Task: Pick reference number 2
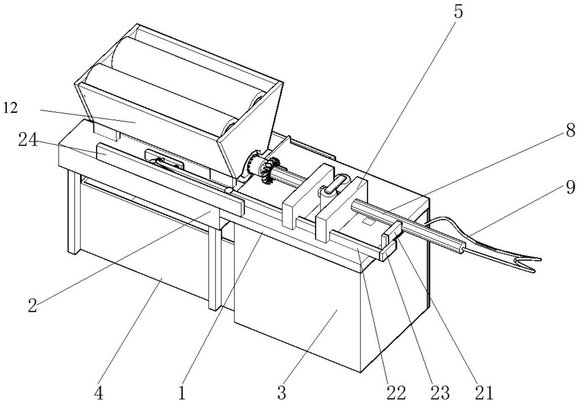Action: pyautogui.click(x=32, y=305)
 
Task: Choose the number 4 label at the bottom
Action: pyautogui.click(x=98, y=393)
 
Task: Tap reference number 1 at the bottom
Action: pyautogui.click(x=182, y=393)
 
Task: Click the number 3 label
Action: pyautogui.click(x=282, y=393)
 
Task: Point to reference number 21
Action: pyautogui.click(x=484, y=393)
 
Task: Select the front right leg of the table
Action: pyautogui.click(x=214, y=269)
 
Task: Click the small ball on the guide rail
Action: pyautogui.click(x=228, y=190)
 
